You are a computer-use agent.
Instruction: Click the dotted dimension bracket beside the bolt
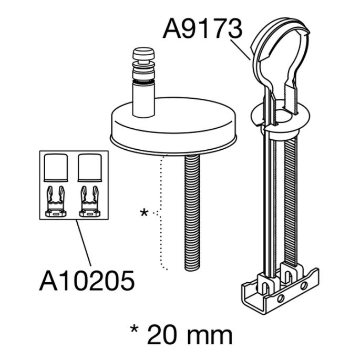coord(162,213)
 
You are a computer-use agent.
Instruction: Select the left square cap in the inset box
coord(55,167)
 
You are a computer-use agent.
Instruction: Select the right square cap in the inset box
coord(89,167)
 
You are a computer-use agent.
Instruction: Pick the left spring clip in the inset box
coord(55,201)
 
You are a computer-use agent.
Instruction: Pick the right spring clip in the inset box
coord(89,201)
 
